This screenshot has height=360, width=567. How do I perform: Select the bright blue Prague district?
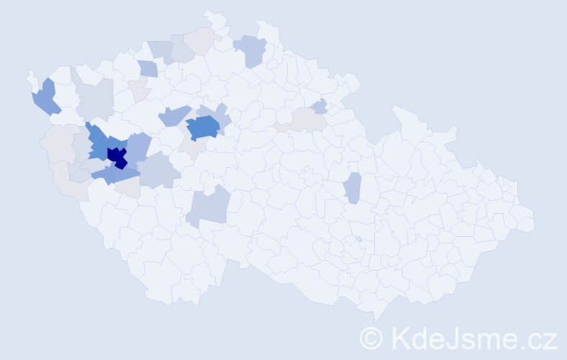204,127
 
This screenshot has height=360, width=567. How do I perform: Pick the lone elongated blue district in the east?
352,188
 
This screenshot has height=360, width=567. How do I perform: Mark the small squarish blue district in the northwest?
148,69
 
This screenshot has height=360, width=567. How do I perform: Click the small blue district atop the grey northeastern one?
320,106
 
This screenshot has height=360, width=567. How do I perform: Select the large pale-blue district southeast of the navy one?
158,173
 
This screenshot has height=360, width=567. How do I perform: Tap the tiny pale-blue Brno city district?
358,239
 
